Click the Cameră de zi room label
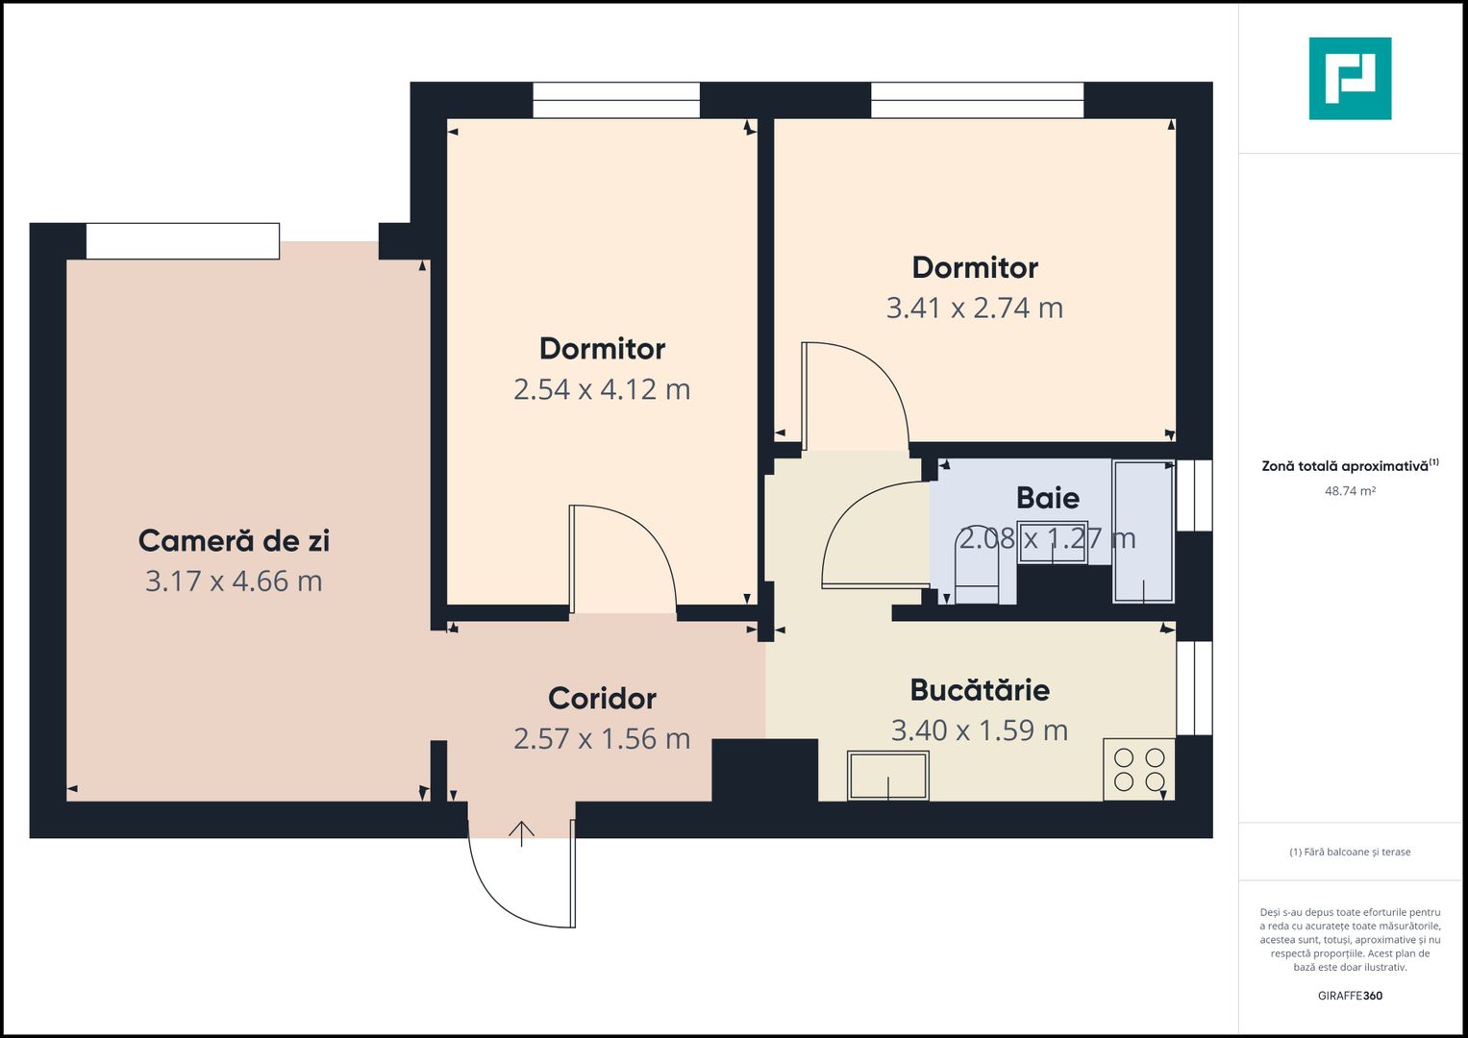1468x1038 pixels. pos(234,541)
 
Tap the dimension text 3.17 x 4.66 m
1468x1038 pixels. pos(234,581)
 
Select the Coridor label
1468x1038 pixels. pos(602,699)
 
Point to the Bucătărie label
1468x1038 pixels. pos(980,690)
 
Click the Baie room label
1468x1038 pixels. pos(1047,498)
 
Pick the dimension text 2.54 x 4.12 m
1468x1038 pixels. pos(602,389)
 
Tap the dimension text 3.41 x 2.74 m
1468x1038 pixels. pos(974,309)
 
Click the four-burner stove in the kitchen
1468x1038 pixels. pos(1139,769)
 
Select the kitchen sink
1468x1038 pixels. pos(887,776)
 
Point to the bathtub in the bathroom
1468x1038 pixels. pos(1143,531)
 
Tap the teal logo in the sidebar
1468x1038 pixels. pos(1350,79)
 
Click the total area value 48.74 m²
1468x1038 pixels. pos(1350,491)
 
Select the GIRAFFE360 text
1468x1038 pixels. pos(1350,996)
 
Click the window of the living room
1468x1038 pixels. pos(183,241)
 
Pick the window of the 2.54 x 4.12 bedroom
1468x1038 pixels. pos(616,100)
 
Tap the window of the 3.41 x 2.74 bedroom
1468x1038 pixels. pos(977,100)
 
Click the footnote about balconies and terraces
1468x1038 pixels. pos(1350,853)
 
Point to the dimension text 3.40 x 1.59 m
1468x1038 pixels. pos(979,730)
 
